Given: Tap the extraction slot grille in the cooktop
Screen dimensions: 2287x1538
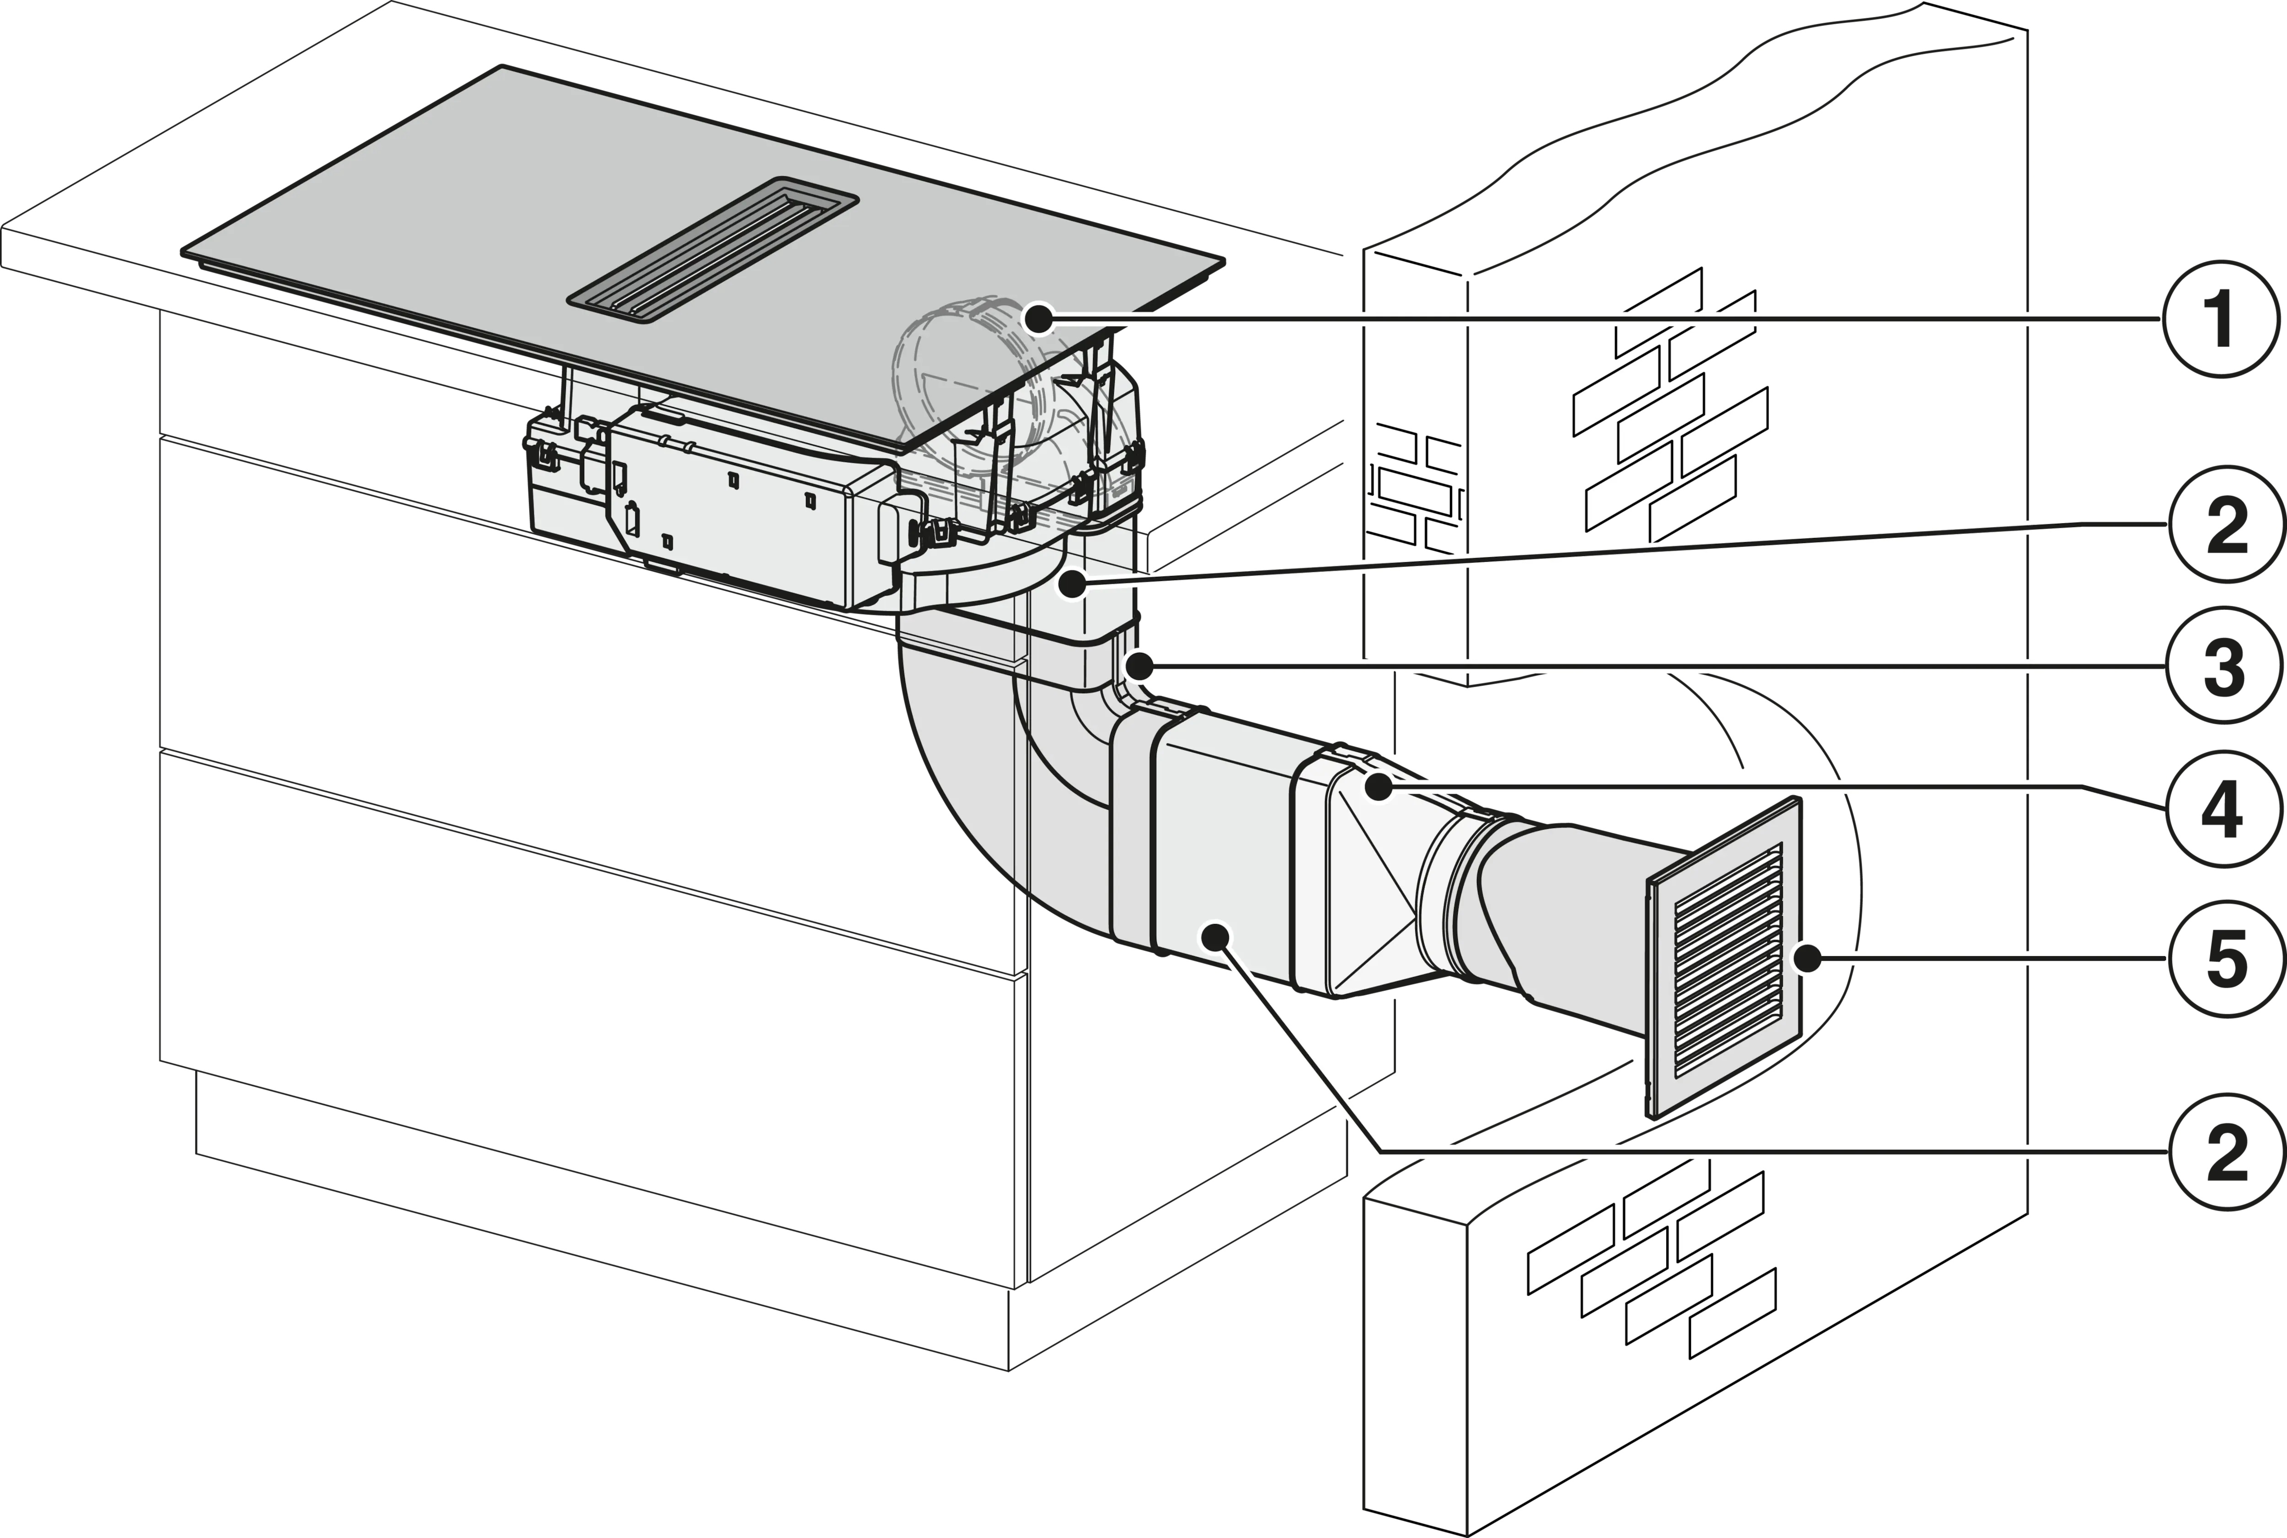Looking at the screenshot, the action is pos(713,248).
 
